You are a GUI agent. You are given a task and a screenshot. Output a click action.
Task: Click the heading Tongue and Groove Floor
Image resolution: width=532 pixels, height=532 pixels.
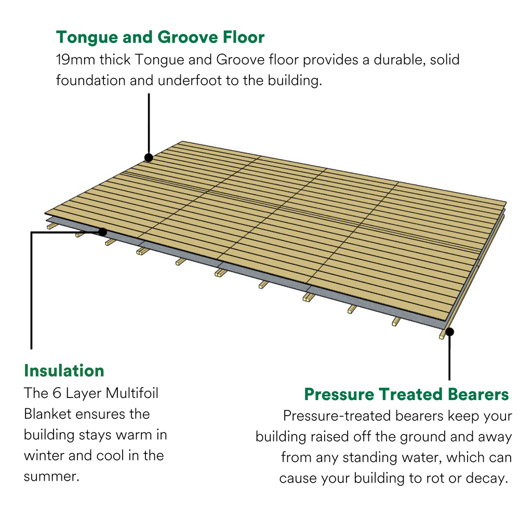pos(160,37)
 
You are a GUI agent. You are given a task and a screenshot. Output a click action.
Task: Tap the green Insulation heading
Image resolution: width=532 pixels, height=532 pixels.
pos(64,370)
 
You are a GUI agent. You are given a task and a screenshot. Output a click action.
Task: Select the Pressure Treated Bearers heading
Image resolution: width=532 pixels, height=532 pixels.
pos(406,394)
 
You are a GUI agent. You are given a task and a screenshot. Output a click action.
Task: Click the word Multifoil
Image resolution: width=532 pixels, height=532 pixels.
pos(132,393)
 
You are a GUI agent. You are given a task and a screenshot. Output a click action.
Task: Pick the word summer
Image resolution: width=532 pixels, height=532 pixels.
pos(51,477)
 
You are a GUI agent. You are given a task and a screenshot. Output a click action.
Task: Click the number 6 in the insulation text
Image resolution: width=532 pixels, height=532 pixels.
pos(57,393)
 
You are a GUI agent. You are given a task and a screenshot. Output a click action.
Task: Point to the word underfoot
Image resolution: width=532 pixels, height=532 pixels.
pos(190,81)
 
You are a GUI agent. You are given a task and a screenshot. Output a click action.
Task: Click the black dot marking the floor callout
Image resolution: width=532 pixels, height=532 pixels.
pos(149,157)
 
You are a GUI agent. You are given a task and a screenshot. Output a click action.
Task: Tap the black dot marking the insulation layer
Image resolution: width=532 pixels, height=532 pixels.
pos(102,232)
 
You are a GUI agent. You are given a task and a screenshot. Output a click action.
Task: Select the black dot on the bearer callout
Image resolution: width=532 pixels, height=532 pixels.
pos(449,332)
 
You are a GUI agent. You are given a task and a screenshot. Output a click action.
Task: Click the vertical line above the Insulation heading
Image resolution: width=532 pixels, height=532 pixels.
pos(32,290)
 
